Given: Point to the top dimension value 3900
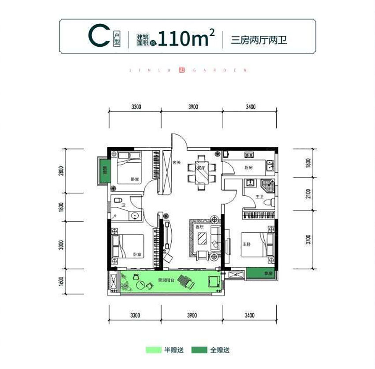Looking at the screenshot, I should pos(192,107).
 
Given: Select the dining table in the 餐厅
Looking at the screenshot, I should pos(201,171).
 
